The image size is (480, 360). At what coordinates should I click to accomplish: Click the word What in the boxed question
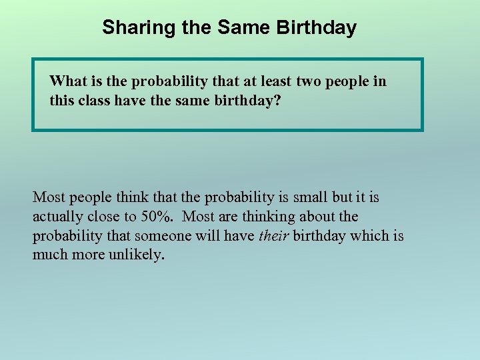tap(69, 82)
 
